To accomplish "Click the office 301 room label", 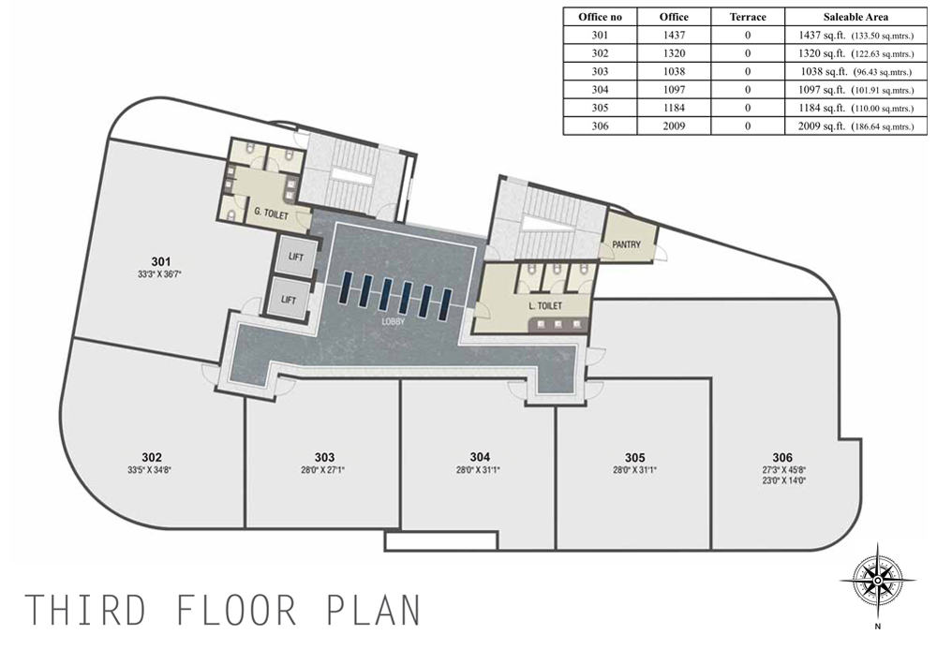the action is (x=161, y=261).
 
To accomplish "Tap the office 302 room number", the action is (x=152, y=457).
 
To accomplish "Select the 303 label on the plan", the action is (x=324, y=457).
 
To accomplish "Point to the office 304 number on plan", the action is (x=480, y=457).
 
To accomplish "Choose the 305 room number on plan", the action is (x=634, y=457).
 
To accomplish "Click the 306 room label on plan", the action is (x=782, y=457).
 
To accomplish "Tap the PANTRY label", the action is (x=626, y=244).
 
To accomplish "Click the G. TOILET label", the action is (x=272, y=214).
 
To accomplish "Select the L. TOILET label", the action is (x=545, y=305).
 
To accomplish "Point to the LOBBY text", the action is (x=394, y=321).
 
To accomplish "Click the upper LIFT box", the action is (x=295, y=258).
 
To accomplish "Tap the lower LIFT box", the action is (x=288, y=300).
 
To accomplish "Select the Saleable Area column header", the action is (x=855, y=17).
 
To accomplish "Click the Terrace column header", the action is (x=748, y=17).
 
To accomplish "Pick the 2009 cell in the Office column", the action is (x=674, y=126).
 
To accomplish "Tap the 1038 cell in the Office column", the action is (x=674, y=72).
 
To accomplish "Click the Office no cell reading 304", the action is (x=600, y=90).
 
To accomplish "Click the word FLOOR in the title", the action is (x=237, y=611).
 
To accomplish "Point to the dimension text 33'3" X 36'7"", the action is (x=159, y=274).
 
